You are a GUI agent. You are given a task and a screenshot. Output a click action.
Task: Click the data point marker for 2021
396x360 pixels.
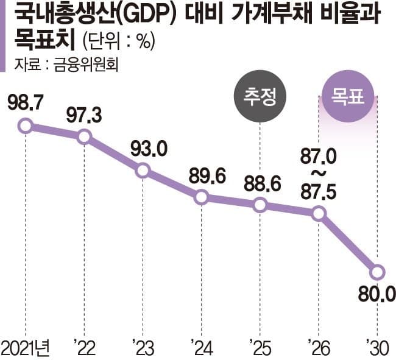click(25, 126)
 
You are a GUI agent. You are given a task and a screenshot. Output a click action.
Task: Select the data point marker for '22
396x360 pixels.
click(84, 136)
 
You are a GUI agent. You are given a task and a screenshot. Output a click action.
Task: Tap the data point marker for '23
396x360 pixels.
click(143, 171)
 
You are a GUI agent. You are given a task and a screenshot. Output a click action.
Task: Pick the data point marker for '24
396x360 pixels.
click(202, 197)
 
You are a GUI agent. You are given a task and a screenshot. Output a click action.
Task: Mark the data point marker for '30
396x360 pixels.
click(377, 272)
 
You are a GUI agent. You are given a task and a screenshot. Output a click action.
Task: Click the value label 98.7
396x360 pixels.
click(26, 103)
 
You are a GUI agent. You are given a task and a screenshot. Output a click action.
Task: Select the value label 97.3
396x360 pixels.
click(84, 114)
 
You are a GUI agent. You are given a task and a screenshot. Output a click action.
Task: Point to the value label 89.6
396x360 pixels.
click(202, 175)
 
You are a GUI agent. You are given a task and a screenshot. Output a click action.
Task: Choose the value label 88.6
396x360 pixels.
click(260, 183)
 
